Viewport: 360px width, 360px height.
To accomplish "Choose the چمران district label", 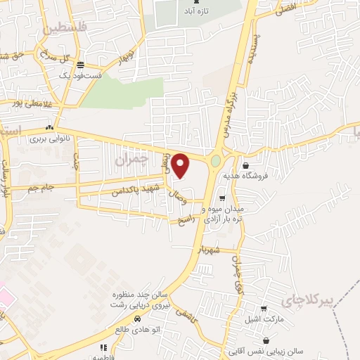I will pyautogui.click(x=131, y=160).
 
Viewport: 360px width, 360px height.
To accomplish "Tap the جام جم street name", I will pyautogui.click(x=41, y=187).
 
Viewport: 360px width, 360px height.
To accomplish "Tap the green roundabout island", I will pyautogui.click(x=215, y=162).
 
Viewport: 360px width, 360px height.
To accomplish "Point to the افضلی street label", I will pyautogui.click(x=288, y=9).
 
